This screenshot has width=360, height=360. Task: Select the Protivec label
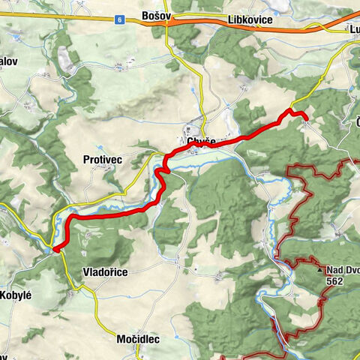coord(101,160)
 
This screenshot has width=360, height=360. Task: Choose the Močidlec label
coord(138,340)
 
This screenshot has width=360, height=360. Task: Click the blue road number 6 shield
coord(119,21)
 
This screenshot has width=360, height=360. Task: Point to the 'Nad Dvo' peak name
coord(343,270)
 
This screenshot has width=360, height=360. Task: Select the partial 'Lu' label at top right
coord(353,30)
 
